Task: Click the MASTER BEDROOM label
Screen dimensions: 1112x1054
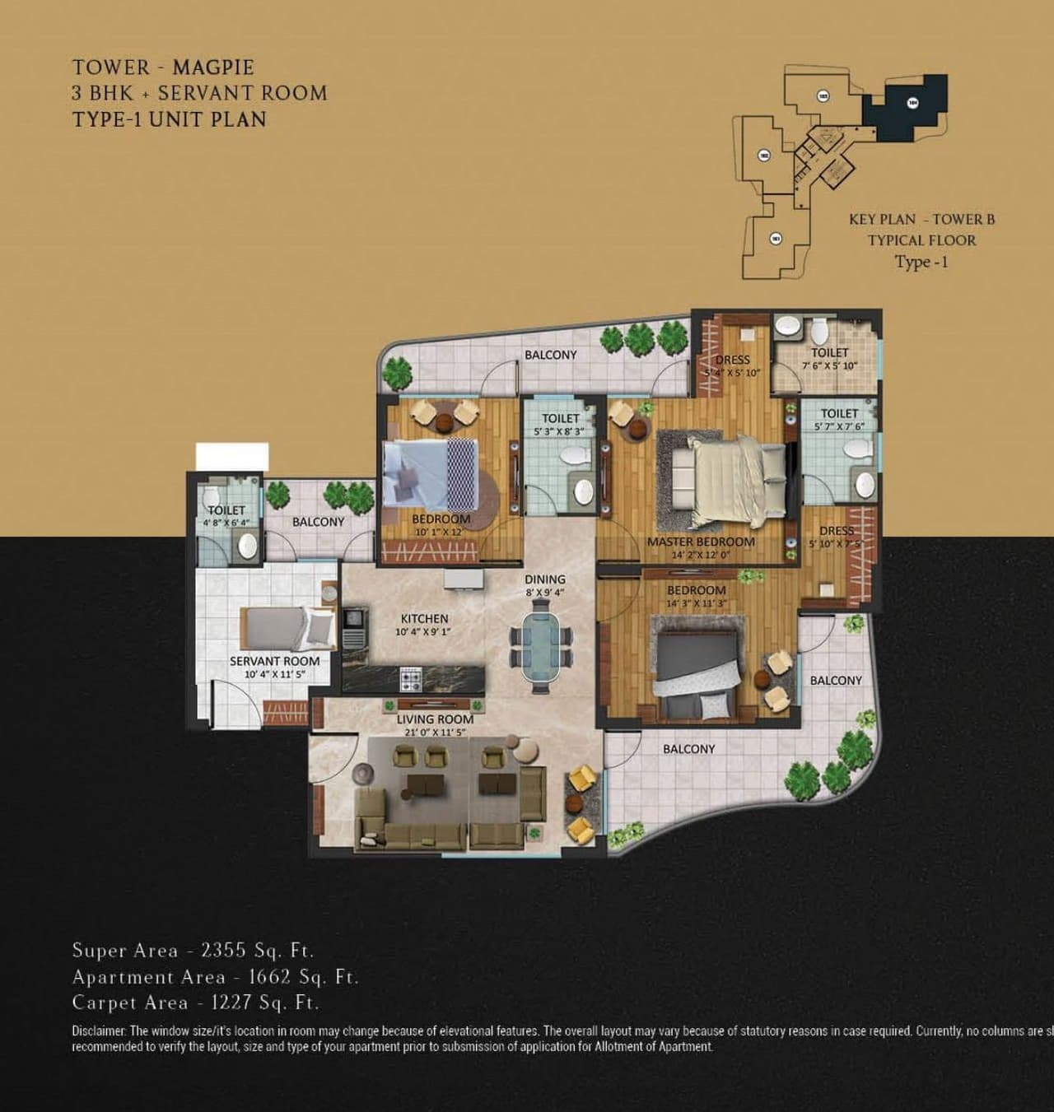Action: click(x=701, y=542)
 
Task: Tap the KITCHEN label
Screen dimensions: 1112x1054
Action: click(x=424, y=618)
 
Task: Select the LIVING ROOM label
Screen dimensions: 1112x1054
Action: click(x=435, y=719)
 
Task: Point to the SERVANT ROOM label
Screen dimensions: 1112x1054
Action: click(x=274, y=661)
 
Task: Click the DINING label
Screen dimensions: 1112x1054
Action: click(x=544, y=579)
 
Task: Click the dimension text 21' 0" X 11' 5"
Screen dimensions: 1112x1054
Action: click(x=435, y=731)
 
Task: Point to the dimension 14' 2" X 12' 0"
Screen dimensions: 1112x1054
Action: click(x=701, y=555)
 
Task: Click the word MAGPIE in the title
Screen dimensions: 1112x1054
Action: click(x=212, y=67)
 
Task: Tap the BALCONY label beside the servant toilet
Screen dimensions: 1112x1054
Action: click(x=318, y=522)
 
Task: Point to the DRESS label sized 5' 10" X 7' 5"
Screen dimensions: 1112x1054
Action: click(x=836, y=531)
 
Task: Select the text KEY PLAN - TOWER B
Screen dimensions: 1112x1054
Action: click(x=921, y=219)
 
